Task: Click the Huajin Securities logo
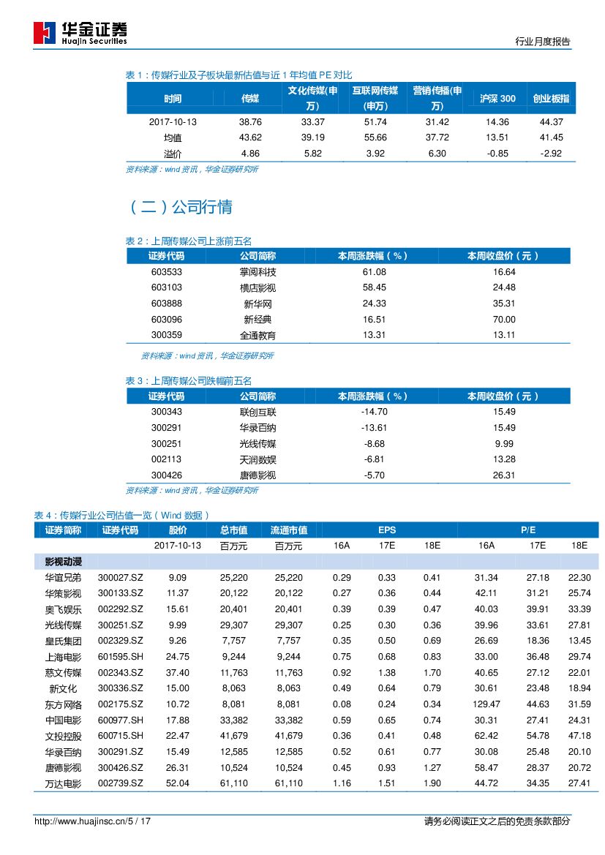(x=80, y=33)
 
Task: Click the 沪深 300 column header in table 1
(x=497, y=99)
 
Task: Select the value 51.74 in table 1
(x=375, y=121)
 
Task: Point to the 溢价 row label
(x=173, y=154)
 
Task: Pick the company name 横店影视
(x=258, y=287)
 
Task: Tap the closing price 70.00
(x=504, y=320)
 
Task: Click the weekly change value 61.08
(x=374, y=271)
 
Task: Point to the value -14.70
(x=374, y=412)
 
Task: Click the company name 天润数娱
(x=258, y=460)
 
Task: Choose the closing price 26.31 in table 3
(x=504, y=475)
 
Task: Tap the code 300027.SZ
(x=120, y=578)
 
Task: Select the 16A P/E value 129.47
(x=486, y=704)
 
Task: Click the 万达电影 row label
(x=63, y=783)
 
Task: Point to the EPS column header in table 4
(x=387, y=530)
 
